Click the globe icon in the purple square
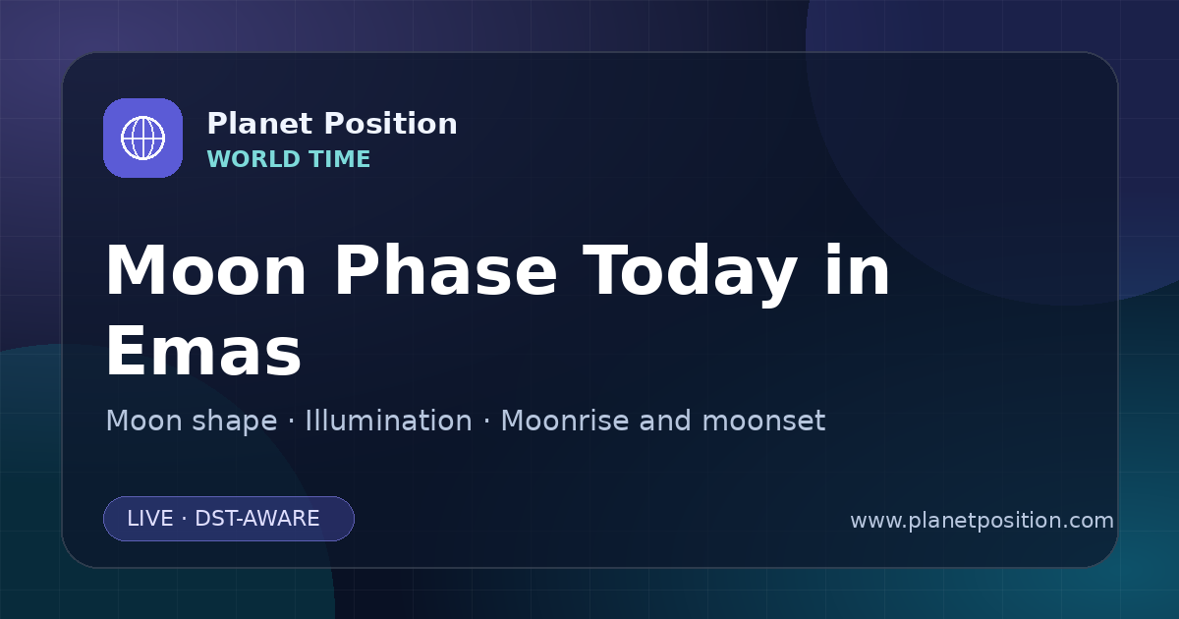tap(142, 138)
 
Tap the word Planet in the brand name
tap(260, 124)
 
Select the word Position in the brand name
tap(391, 124)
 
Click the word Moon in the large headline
tap(205, 271)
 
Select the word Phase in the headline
tap(445, 271)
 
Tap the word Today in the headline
tap(690, 274)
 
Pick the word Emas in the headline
tap(203, 351)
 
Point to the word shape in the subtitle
tap(234, 422)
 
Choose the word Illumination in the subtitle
tap(388, 421)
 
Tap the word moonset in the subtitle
tap(763, 422)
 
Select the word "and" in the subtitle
tap(665, 421)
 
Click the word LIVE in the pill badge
tap(150, 519)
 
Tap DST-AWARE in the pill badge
tap(257, 519)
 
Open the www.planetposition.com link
tap(982, 521)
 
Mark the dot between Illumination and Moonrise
tap(486, 422)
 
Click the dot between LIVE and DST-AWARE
tap(185, 519)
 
